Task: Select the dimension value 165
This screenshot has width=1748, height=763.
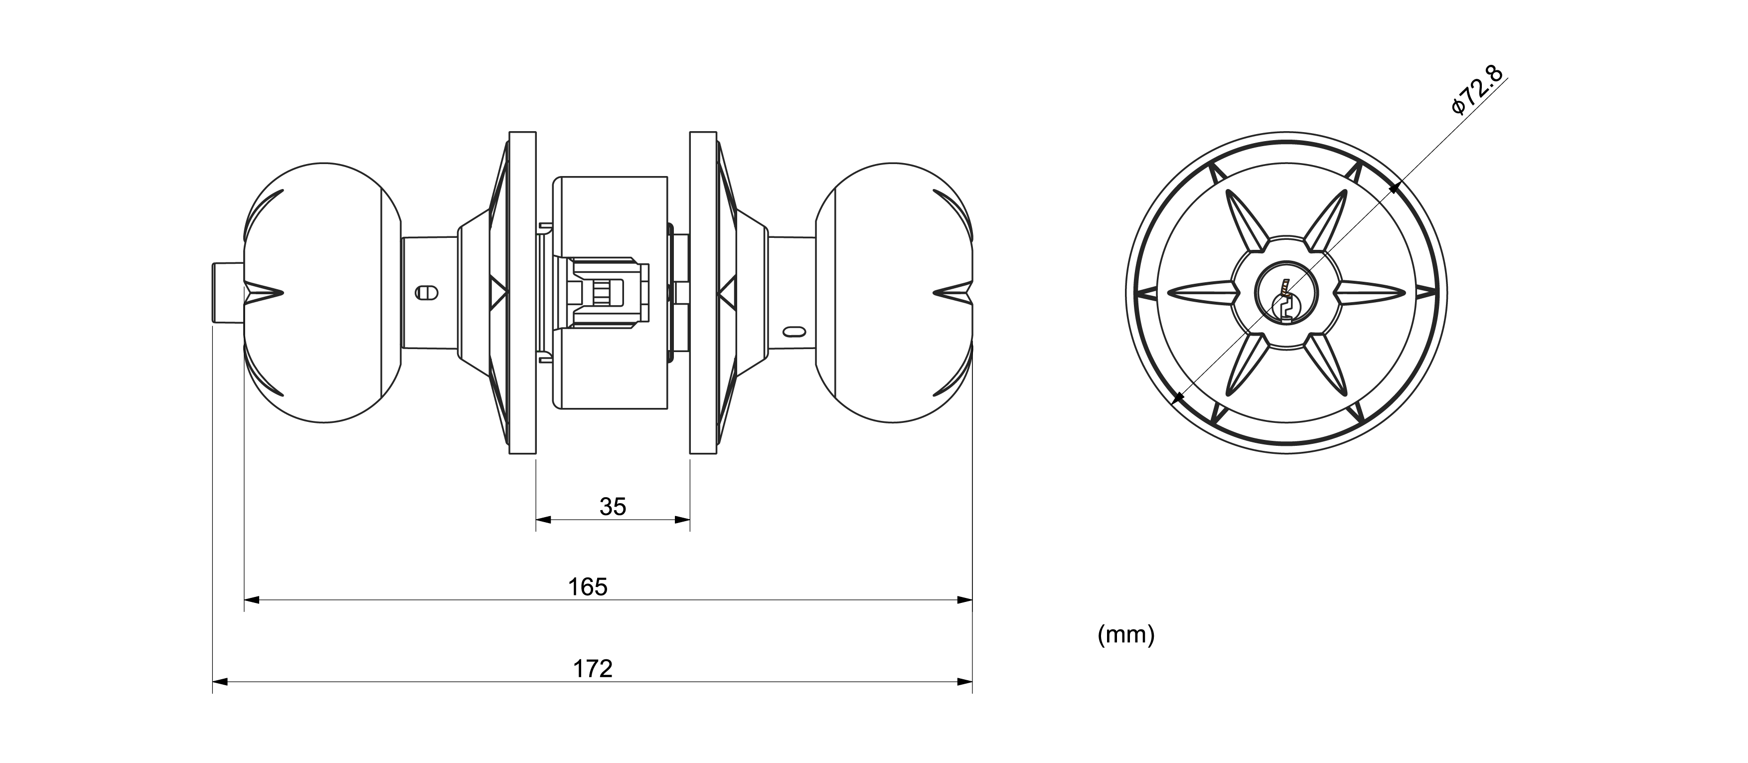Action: click(x=588, y=587)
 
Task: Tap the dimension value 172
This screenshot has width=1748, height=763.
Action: click(x=593, y=669)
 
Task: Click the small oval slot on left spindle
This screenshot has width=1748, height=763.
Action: click(x=426, y=293)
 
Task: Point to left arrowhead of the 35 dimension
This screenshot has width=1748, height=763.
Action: click(x=543, y=520)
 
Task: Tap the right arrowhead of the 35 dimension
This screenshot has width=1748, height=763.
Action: click(x=683, y=520)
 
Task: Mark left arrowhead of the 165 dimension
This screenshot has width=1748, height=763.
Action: click(x=252, y=600)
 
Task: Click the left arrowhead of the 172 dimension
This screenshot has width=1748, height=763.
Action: click(x=220, y=682)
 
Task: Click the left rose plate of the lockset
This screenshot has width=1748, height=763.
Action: click(x=521, y=302)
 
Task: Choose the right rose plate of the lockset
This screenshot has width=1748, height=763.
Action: click(x=703, y=302)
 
